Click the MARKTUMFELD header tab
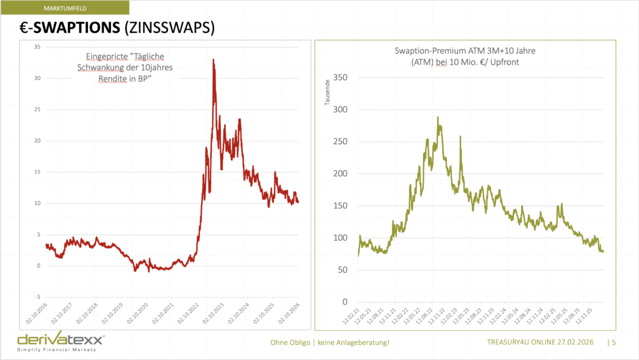65,7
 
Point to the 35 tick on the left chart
37,47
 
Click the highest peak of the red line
213,60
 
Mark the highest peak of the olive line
437,117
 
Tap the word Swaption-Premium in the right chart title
426,51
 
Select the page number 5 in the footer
614,342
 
